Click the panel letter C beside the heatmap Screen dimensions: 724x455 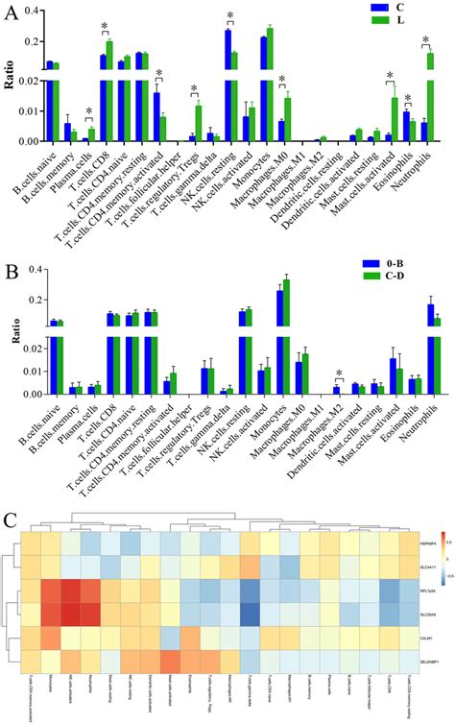12,519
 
